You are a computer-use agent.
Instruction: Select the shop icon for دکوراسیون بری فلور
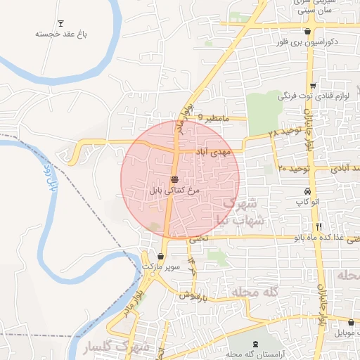pyautogui.click(x=307, y=31)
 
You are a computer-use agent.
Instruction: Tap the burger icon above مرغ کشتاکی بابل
pyautogui.click(x=174, y=179)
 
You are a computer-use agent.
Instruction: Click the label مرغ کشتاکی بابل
pyautogui.click(x=175, y=190)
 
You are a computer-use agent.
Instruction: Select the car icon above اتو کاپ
pyautogui.click(x=307, y=193)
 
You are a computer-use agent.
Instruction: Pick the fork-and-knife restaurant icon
pyautogui.click(x=319, y=226)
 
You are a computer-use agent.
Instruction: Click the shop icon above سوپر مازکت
pyautogui.click(x=163, y=257)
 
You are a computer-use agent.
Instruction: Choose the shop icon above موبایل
pyautogui.click(x=351, y=322)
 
